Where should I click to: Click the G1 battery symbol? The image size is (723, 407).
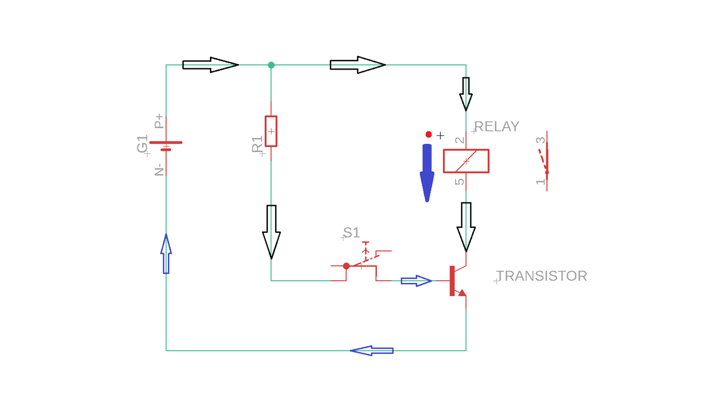pyautogui.click(x=166, y=146)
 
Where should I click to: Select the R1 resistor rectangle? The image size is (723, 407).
pyautogui.click(x=271, y=131)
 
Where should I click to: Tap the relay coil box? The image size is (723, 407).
pyautogui.click(x=466, y=161)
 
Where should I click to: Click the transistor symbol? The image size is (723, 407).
pyautogui.click(x=458, y=281)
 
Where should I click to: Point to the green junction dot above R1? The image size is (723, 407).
pyautogui.click(x=271, y=65)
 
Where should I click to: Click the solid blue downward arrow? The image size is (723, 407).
pyautogui.click(x=427, y=172)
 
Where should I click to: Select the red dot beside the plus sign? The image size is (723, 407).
pyautogui.click(x=429, y=135)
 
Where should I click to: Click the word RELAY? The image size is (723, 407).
pyautogui.click(x=496, y=127)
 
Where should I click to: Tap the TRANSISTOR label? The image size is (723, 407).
pyautogui.click(x=542, y=276)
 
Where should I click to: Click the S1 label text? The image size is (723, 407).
pyautogui.click(x=351, y=232)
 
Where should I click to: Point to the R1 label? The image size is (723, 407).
pyautogui.click(x=258, y=145)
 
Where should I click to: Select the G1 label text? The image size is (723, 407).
pyautogui.click(x=142, y=144)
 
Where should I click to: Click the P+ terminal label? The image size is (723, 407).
pyautogui.click(x=159, y=121)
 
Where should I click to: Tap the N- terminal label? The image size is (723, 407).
pyautogui.click(x=159, y=169)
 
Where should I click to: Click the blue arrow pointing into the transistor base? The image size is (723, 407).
pyautogui.click(x=416, y=281)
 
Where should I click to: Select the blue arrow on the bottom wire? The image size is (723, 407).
pyautogui.click(x=372, y=350)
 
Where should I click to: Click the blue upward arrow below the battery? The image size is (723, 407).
pyautogui.click(x=166, y=254)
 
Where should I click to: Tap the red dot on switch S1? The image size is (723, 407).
pyautogui.click(x=347, y=266)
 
